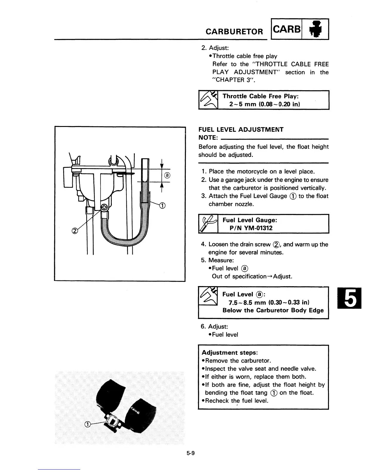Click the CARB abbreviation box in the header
tap(286, 29)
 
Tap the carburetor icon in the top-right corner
tap(315, 29)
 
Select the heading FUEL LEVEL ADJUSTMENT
tap(241, 130)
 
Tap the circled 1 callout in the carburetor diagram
tap(163, 205)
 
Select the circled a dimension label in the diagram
tap(167, 175)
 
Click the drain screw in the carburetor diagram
tap(105, 207)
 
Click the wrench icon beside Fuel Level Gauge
tap(208, 224)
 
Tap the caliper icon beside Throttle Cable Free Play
tap(208, 100)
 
